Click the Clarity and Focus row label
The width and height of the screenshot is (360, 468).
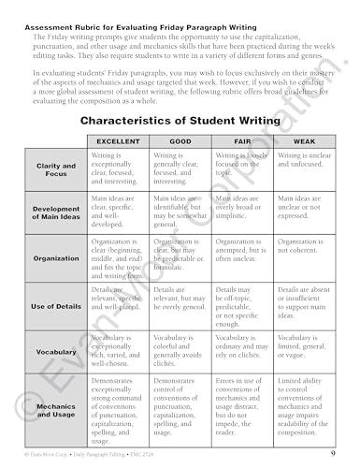tap(56, 169)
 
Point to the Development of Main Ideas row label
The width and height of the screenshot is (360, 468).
tap(56, 214)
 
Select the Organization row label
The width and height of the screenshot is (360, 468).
tap(56, 257)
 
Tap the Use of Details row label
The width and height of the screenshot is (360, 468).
tap(56, 306)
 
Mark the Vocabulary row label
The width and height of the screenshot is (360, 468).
tap(56, 353)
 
